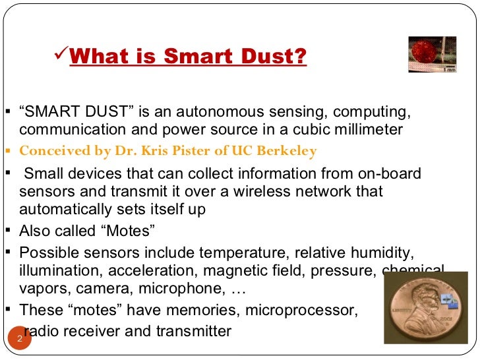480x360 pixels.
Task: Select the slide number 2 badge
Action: (20, 340)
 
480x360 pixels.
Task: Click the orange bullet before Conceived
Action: (7, 151)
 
